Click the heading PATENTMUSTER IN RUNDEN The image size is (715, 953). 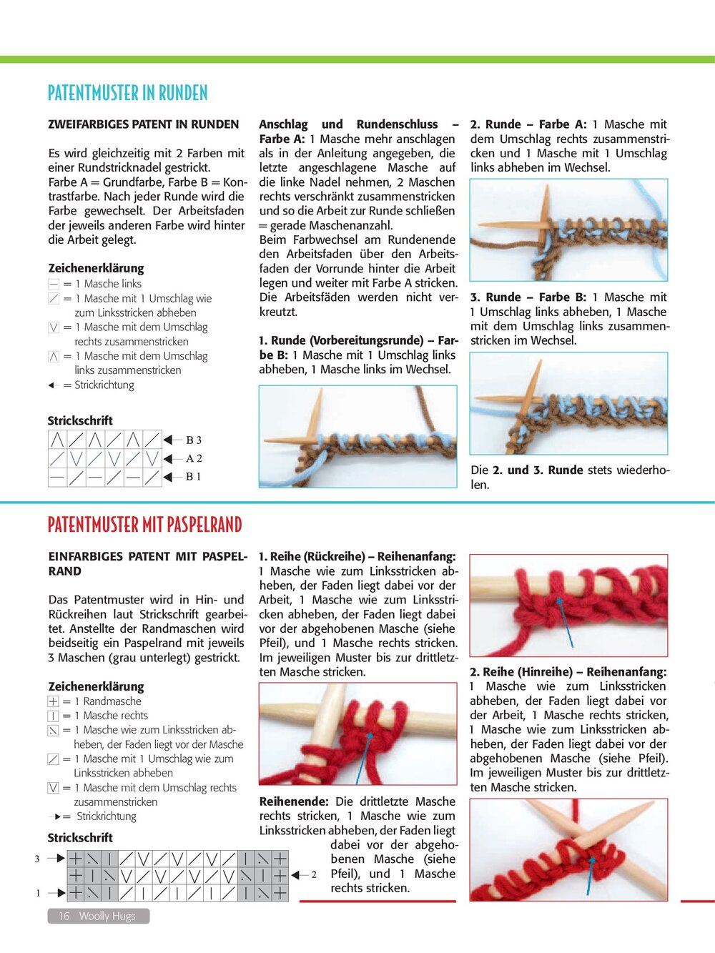[x=127, y=93]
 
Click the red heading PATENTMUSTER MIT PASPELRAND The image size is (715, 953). [x=144, y=525]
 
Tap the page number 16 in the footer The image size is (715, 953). [x=64, y=916]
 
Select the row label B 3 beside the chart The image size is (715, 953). [x=194, y=440]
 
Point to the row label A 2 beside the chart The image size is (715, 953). [x=194, y=458]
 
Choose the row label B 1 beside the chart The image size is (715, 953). [x=194, y=477]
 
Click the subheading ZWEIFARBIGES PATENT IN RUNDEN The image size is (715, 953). [x=143, y=124]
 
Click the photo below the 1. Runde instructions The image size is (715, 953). [x=357, y=436]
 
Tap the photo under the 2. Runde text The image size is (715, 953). [x=568, y=229]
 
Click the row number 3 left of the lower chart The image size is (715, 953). [x=37, y=859]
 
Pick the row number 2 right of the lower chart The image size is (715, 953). [x=314, y=874]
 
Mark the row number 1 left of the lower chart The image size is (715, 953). [x=37, y=893]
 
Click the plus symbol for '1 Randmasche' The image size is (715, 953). [x=54, y=701]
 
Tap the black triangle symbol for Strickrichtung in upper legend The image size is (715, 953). [x=51, y=385]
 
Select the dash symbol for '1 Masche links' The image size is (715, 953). [x=54, y=285]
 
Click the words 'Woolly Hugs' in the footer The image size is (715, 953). [x=107, y=916]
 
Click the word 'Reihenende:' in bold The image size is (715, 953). [x=294, y=801]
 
